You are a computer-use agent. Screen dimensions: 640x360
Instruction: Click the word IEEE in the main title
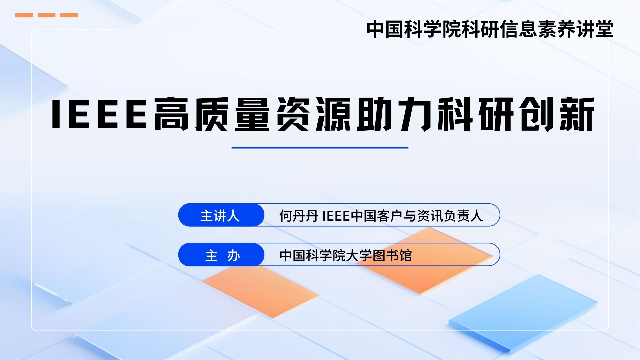99,114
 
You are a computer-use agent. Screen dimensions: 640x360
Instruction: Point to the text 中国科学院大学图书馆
346,256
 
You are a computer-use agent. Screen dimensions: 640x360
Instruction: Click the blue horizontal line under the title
320,147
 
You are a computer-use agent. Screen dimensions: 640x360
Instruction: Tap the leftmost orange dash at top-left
24,15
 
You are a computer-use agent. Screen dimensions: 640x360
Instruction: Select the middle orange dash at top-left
46,15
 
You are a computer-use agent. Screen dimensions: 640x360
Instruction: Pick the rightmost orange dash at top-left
69,15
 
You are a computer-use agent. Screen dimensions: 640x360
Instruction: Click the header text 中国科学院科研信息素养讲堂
490,29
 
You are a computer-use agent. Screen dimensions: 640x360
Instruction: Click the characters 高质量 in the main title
212,114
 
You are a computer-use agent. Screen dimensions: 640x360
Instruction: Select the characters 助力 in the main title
395,114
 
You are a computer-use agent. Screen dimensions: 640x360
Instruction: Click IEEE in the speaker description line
336,216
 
